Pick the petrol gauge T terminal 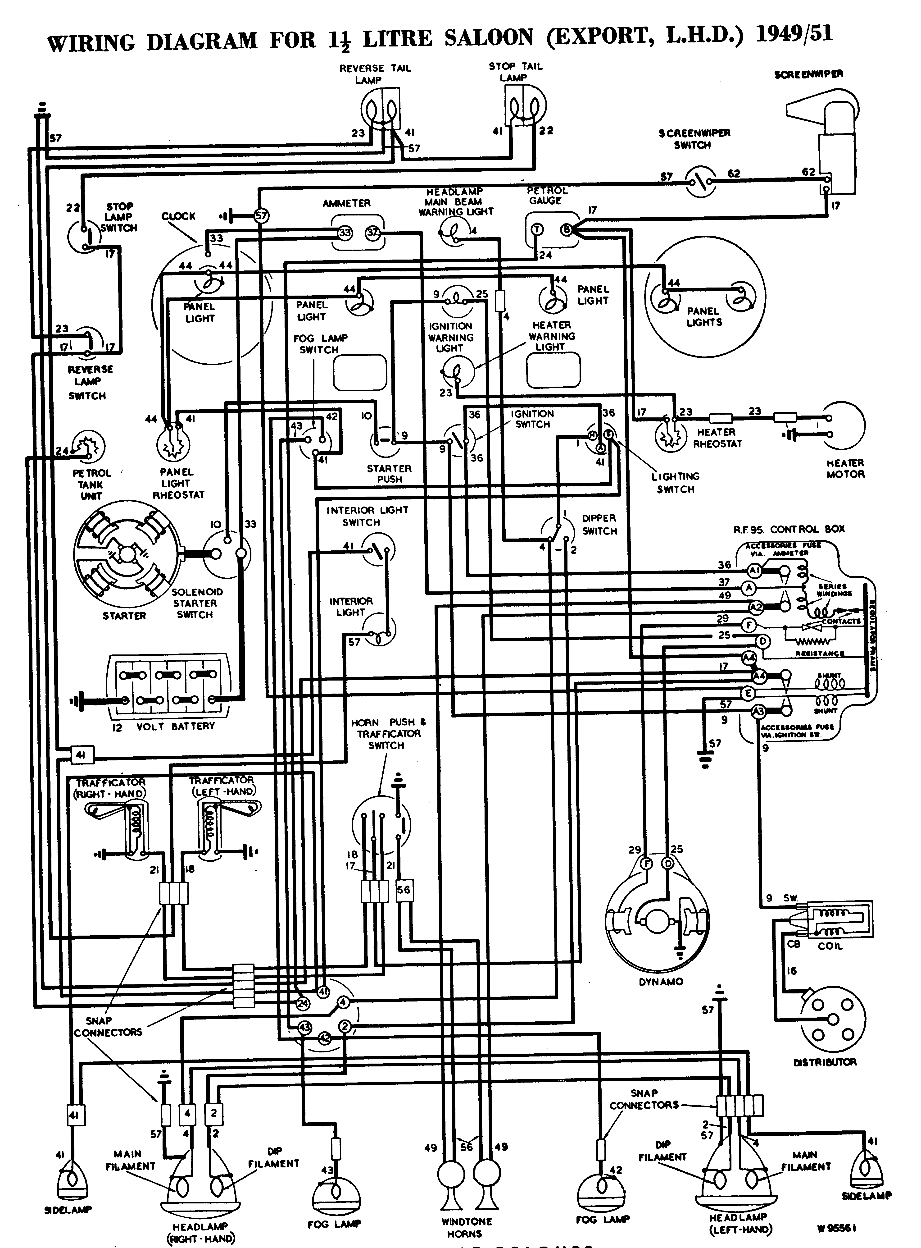537,229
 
